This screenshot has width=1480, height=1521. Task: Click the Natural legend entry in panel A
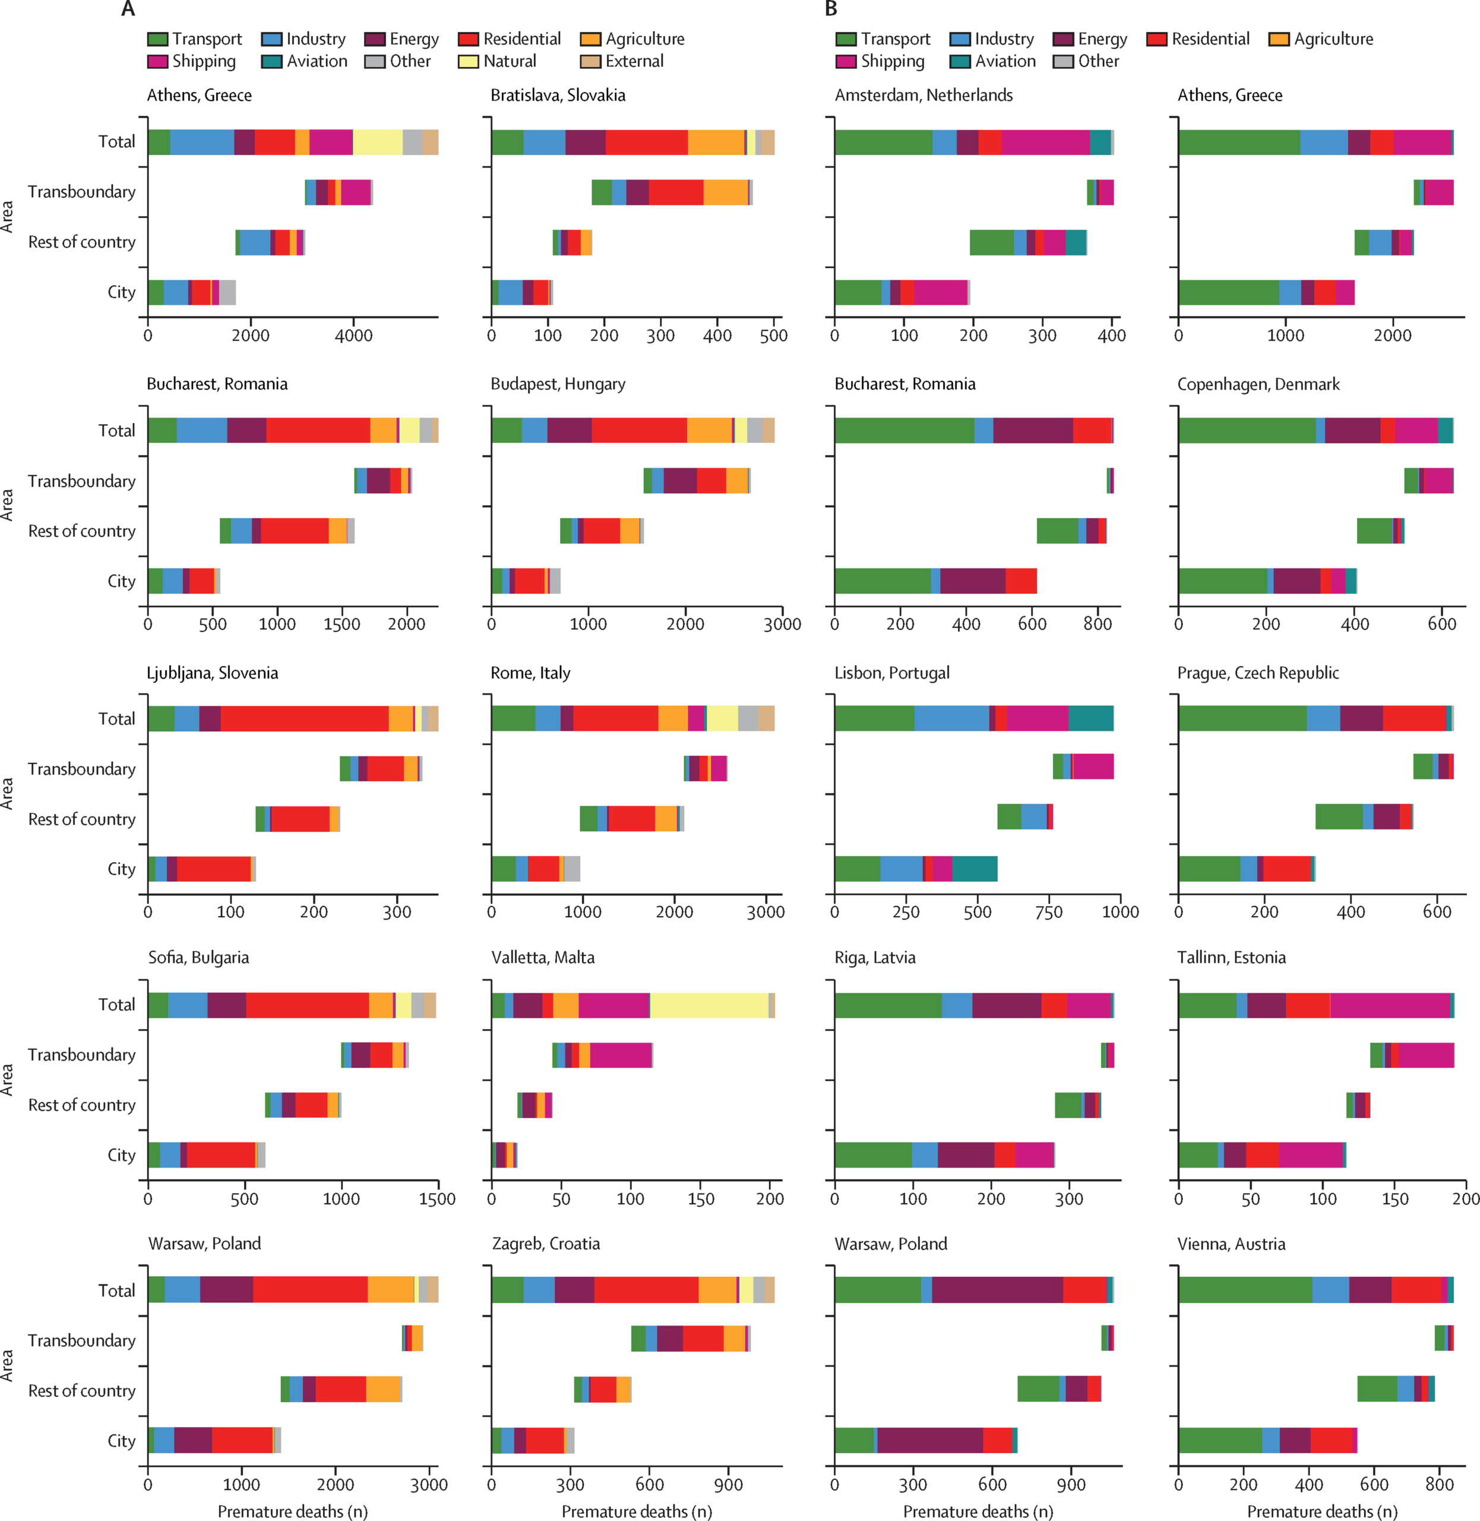509,61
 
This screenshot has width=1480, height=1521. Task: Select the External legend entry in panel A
634,61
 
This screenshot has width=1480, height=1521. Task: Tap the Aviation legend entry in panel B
1005,61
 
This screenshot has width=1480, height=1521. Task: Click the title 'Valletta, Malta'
543,957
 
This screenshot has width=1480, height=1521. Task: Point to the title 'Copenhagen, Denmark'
1258,384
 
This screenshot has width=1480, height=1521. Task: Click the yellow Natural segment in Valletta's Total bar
709,1005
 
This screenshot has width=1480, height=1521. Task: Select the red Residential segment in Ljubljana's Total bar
304,718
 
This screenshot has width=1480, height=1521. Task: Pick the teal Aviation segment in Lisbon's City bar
975,869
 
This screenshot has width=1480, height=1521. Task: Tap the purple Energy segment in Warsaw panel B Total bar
997,1290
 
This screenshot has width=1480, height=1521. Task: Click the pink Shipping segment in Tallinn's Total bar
1390,1005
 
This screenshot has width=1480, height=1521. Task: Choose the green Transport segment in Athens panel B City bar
1228,292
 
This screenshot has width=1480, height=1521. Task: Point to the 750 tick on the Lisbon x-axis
1049,912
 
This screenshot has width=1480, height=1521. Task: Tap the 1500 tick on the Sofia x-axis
438,1199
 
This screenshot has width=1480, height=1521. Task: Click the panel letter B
831,10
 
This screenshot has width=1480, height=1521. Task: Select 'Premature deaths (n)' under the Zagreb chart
637,1511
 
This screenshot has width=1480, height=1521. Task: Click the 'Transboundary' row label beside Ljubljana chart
81,769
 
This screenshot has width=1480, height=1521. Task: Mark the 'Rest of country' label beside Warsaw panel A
81,1390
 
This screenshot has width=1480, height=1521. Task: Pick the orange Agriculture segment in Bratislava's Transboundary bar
725,192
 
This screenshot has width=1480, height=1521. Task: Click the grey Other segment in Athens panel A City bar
227,292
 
